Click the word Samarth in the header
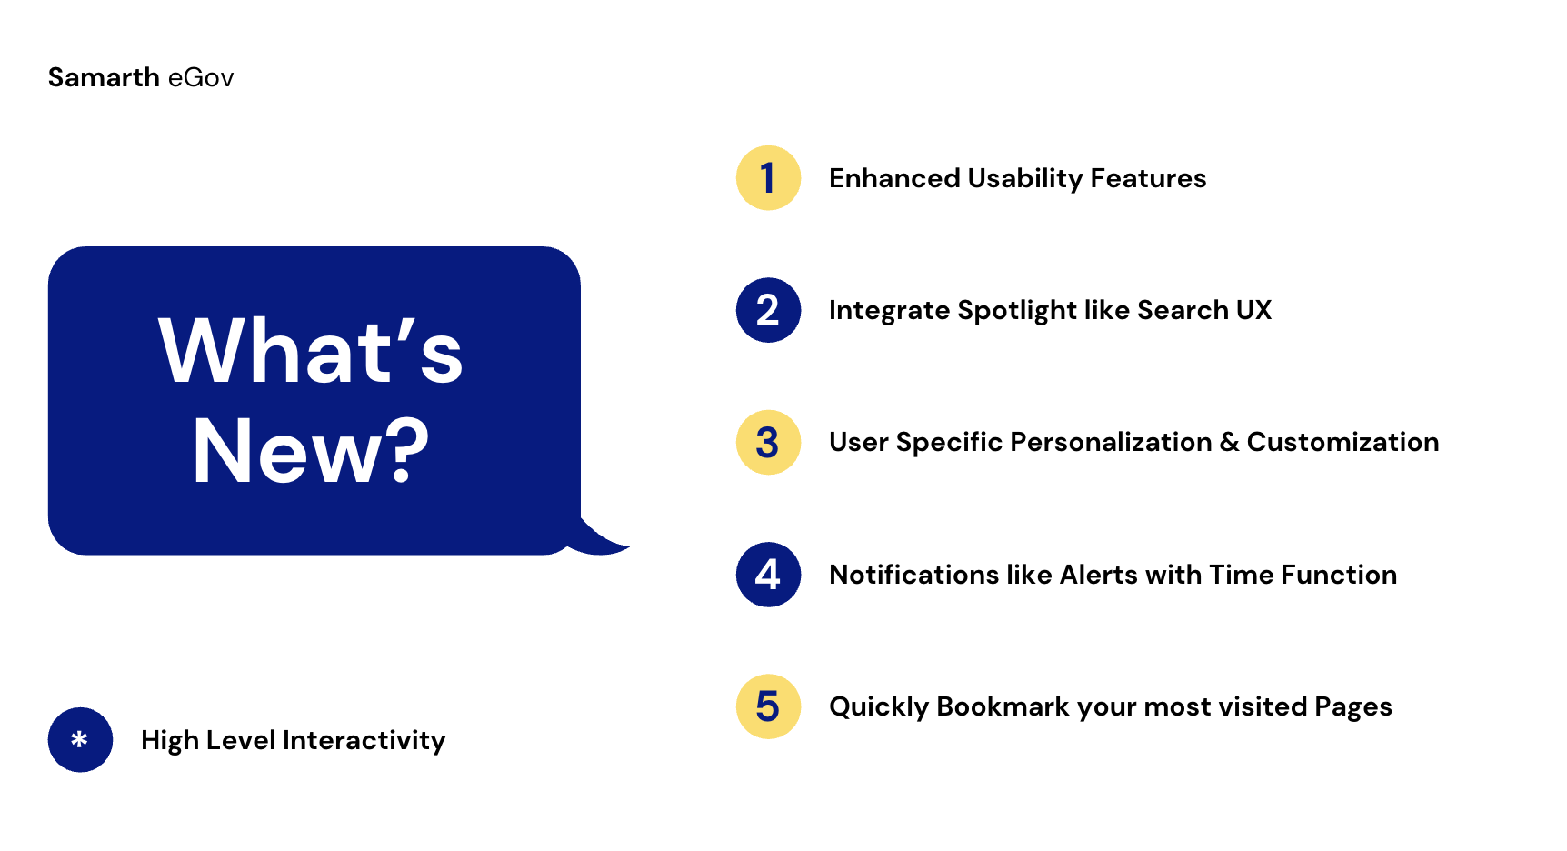pyautogui.click(x=104, y=77)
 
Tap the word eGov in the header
pyautogui.click(x=201, y=78)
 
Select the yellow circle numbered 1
pyautogui.click(x=768, y=178)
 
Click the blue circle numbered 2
pyautogui.click(x=768, y=310)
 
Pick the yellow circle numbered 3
pyautogui.click(x=768, y=443)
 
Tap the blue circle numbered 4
pyautogui.click(x=768, y=575)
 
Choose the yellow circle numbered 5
pyautogui.click(x=768, y=706)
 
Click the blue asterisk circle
pyautogui.click(x=80, y=740)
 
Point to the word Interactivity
pyautogui.click(x=364, y=741)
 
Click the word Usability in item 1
pyautogui.click(x=1024, y=179)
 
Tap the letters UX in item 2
pyautogui.click(x=1254, y=310)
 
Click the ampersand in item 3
pyautogui.click(x=1230, y=443)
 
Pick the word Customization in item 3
pyautogui.click(x=1343, y=443)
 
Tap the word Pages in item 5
pyautogui.click(x=1353, y=707)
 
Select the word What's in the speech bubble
pyautogui.click(x=311, y=350)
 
